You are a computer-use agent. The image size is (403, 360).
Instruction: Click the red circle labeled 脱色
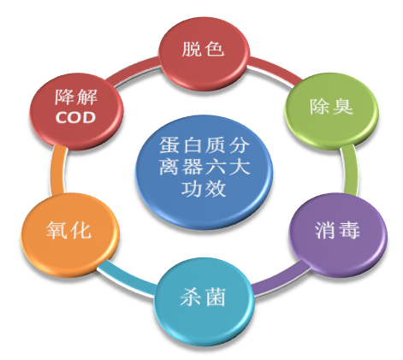[x=204, y=53]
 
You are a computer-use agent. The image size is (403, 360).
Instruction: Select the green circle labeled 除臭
[x=331, y=110]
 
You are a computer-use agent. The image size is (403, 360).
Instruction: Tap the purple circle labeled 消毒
[x=338, y=234]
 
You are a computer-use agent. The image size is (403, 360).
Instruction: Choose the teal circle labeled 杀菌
[x=204, y=301]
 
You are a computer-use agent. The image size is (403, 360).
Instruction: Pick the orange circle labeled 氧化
[x=70, y=234]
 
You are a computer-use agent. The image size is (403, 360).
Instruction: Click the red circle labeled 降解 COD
[x=76, y=110]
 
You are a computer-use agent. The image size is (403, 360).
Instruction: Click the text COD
[x=75, y=117]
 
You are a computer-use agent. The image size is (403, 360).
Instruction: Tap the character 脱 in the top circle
[x=192, y=49]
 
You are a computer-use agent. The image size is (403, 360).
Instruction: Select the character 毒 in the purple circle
[x=350, y=230]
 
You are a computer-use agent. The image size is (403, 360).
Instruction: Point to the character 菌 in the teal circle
[x=216, y=297]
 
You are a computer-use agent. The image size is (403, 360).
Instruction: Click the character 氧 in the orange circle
[x=57, y=230]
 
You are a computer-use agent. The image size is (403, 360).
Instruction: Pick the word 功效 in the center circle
[x=204, y=189]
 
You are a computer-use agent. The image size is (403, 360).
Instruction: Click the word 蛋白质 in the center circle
[x=193, y=145]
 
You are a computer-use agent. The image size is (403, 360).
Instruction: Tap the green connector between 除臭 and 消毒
[x=350, y=170]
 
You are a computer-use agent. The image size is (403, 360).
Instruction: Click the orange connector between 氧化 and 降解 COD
[x=57, y=170]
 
